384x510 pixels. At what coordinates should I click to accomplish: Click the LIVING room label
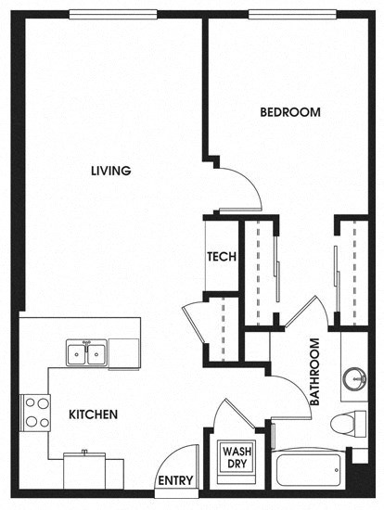110,171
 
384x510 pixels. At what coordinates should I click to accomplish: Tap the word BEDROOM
289,112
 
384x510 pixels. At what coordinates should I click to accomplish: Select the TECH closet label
221,257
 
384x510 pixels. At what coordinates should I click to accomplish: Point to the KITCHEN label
93,414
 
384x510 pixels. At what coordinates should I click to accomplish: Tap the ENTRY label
174,481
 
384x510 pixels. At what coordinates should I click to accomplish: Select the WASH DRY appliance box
233,458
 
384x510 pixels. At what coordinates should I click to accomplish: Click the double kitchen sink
86,353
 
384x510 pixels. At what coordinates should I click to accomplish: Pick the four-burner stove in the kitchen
36,412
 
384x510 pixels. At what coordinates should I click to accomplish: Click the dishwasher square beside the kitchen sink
123,353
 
